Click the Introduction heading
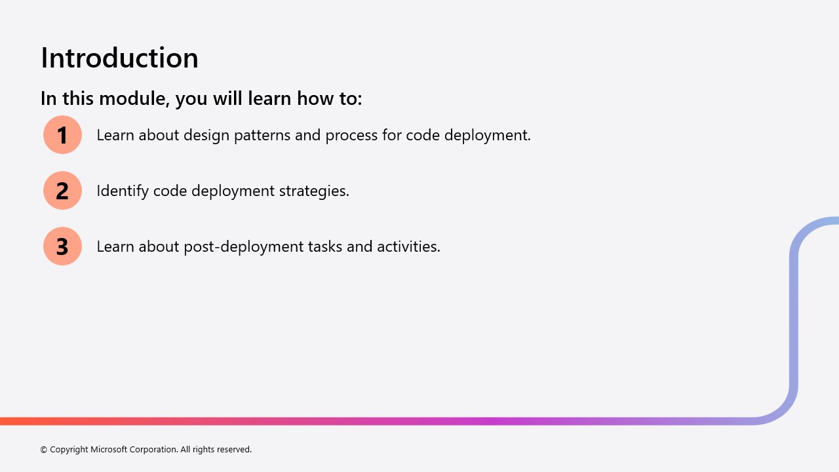tap(119, 58)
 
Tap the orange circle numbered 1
tap(62, 135)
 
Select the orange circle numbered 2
tap(62, 190)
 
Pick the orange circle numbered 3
tap(62, 246)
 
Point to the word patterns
tap(262, 136)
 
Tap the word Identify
tap(123, 191)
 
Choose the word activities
tap(408, 246)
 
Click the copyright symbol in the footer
tap(43, 450)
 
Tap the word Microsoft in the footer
tap(109, 449)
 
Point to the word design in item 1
tap(206, 136)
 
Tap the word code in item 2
tap(170, 191)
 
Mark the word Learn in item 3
tap(115, 246)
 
